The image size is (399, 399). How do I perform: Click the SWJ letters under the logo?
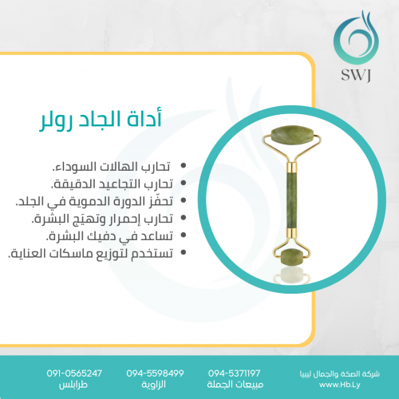click(356, 75)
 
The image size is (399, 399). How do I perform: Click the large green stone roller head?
click(292, 136)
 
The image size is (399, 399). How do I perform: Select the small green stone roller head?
click(292, 256)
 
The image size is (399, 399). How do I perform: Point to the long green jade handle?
click(292, 199)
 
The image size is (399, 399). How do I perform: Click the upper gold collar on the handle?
click(292, 167)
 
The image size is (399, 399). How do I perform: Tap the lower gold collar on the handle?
click(292, 233)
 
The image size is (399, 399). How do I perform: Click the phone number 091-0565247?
click(74, 373)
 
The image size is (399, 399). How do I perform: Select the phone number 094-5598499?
click(155, 373)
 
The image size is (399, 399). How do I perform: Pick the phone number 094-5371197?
click(235, 373)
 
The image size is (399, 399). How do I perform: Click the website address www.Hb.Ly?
click(340, 385)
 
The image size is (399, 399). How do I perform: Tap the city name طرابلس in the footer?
click(73, 385)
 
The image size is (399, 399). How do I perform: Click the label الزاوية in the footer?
click(154, 385)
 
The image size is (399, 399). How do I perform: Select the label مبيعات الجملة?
click(235, 385)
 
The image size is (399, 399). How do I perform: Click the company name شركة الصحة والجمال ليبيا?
click(340, 374)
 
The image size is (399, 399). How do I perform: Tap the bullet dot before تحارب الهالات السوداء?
click(184, 165)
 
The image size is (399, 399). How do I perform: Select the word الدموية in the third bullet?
click(89, 201)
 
